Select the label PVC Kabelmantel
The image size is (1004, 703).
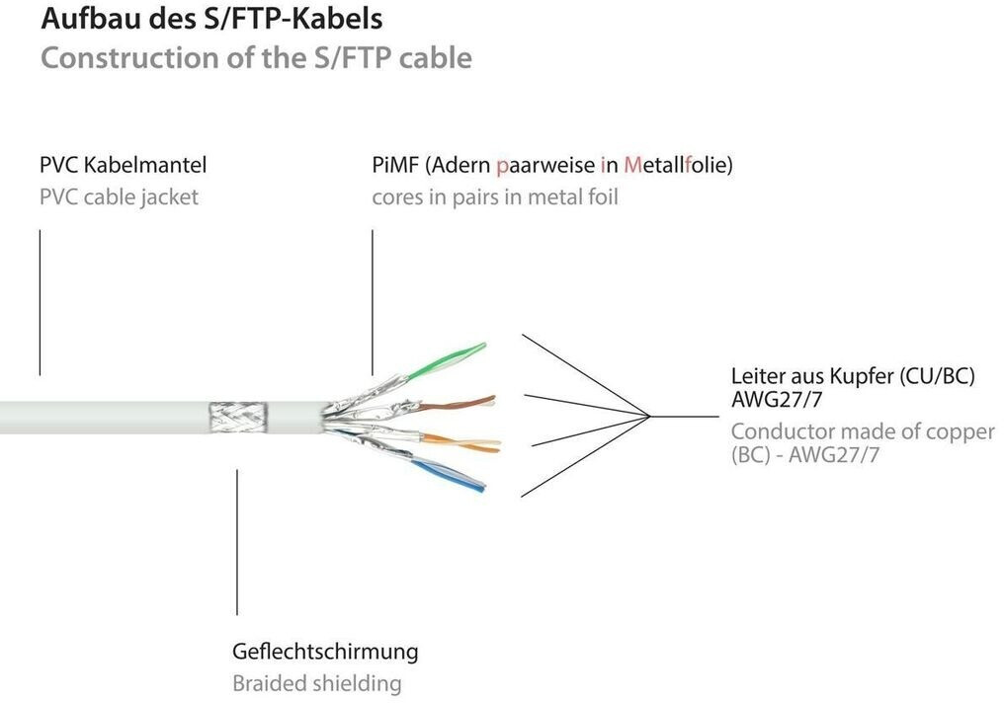(123, 165)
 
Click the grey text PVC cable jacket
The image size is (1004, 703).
(119, 196)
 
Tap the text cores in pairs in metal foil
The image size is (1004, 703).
(494, 196)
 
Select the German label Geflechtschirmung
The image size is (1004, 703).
(324, 652)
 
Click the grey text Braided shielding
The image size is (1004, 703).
(316, 683)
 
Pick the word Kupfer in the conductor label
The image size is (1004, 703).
(874, 376)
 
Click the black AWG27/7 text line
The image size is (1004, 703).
(778, 401)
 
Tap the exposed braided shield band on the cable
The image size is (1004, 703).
(238, 417)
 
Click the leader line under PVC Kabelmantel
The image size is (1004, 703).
(40, 301)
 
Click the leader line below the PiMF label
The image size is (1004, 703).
(373, 301)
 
